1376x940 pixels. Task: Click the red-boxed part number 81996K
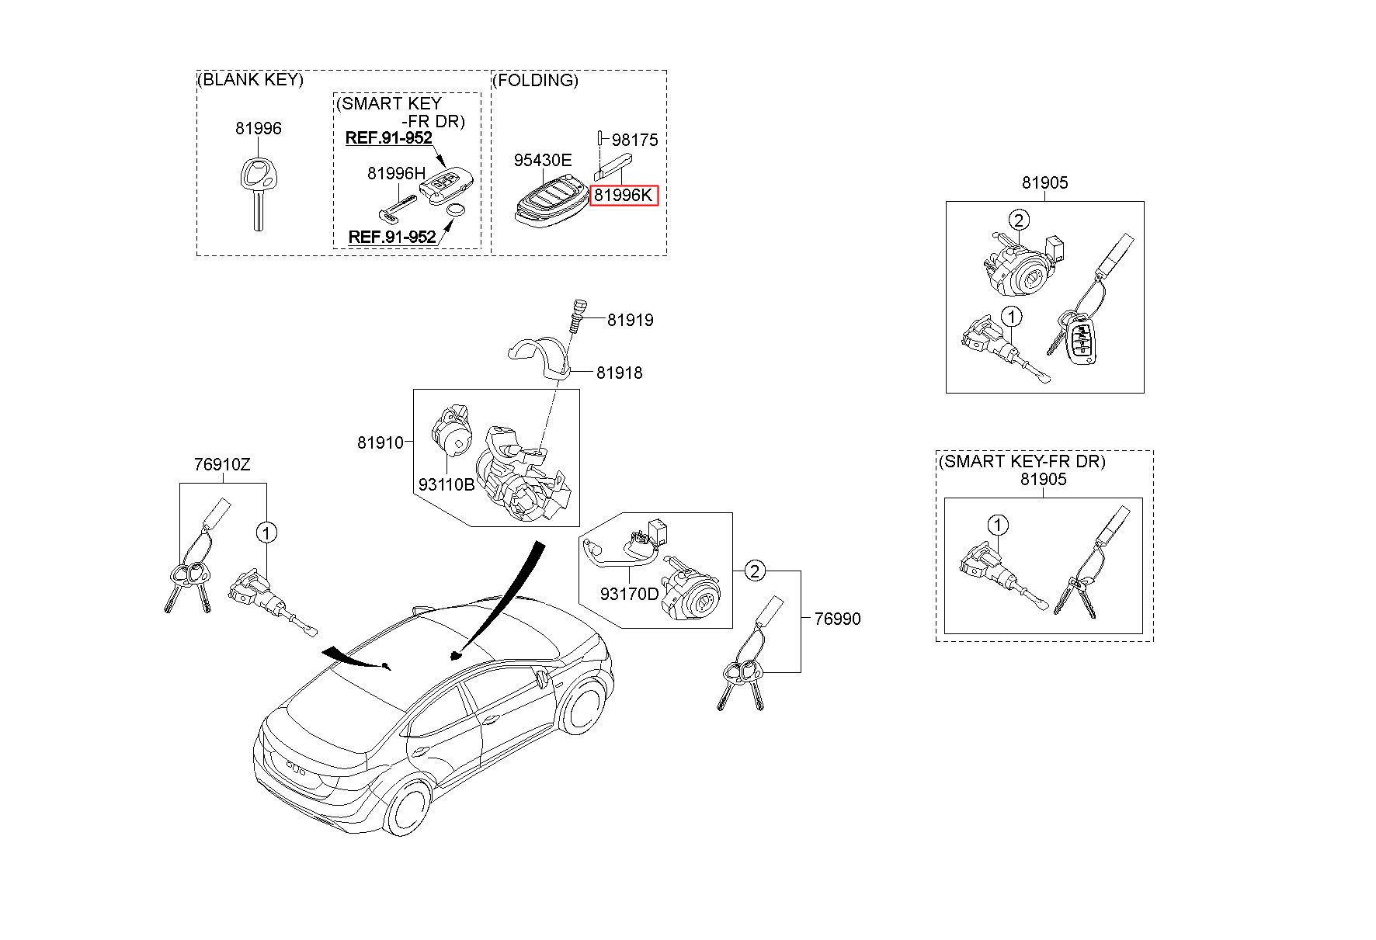[624, 196]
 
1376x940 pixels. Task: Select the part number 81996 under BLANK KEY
[259, 129]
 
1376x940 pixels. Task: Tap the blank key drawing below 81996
[257, 193]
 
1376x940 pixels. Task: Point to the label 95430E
[543, 161]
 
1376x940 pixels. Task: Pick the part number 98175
[634, 140]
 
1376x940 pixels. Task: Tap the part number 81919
[630, 320]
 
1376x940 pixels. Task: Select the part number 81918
[620, 373]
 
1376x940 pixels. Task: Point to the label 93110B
[447, 484]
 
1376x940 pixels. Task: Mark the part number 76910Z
[222, 465]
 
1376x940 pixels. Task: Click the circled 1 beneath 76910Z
[266, 533]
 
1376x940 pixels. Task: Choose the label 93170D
[629, 594]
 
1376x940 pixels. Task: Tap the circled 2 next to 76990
[755, 571]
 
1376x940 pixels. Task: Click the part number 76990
[837, 619]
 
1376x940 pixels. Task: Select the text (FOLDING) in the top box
[536, 80]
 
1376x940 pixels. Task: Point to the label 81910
[380, 442]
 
